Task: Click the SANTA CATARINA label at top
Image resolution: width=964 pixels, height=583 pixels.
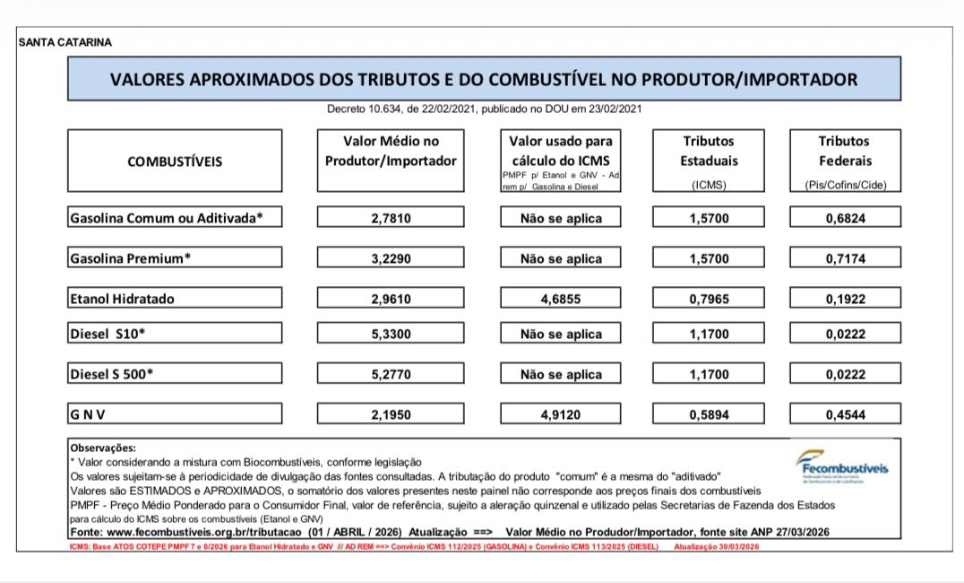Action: click(x=65, y=42)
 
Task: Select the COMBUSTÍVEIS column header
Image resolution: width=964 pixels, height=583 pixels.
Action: click(x=175, y=162)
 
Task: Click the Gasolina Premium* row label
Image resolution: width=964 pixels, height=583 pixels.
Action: click(x=131, y=258)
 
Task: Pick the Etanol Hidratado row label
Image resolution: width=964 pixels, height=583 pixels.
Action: click(x=123, y=299)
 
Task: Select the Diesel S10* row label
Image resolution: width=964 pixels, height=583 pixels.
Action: click(x=108, y=334)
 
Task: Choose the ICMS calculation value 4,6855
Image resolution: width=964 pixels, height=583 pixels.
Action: click(x=561, y=299)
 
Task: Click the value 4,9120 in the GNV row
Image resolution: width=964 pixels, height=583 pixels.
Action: click(x=561, y=414)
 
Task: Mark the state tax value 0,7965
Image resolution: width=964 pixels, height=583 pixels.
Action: click(x=709, y=299)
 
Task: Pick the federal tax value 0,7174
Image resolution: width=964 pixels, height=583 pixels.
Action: click(x=845, y=258)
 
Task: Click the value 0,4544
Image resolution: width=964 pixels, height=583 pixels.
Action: click(x=845, y=414)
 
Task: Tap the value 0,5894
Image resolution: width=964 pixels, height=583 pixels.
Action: click(x=709, y=414)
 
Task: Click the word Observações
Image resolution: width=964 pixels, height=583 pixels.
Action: click(x=102, y=447)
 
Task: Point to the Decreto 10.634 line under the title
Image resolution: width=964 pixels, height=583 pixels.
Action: click(x=485, y=109)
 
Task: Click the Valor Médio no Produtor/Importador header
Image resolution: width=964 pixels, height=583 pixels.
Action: click(x=392, y=151)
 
